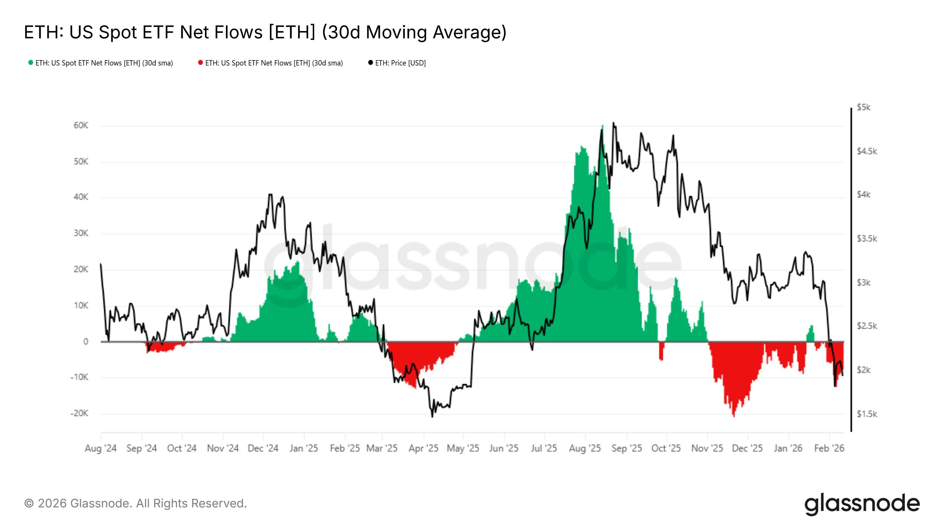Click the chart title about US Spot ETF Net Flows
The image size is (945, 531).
(x=265, y=32)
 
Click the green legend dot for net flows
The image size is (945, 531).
(x=30, y=63)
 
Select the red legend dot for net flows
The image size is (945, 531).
(x=200, y=63)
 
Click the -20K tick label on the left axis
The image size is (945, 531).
(x=80, y=413)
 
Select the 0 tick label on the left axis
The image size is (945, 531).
(x=85, y=342)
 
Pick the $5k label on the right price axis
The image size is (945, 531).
(x=863, y=107)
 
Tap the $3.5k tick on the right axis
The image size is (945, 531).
(x=866, y=239)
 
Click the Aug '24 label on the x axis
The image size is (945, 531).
(x=100, y=448)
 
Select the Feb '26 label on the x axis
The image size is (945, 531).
(x=829, y=448)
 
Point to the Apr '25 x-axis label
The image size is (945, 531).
(x=423, y=448)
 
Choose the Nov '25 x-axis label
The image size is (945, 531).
(x=707, y=448)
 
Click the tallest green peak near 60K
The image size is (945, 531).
(x=602, y=127)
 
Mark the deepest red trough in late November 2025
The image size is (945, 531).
(x=734, y=415)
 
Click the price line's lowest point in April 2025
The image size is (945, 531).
(x=432, y=416)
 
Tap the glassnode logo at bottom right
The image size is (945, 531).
(x=862, y=505)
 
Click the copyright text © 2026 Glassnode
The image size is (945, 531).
(x=135, y=504)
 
